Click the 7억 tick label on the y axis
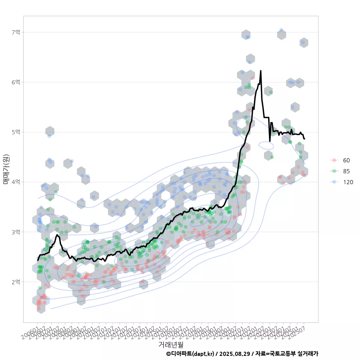[x=15, y=32]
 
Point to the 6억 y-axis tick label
[x=15, y=82]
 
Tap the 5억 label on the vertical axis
[x=15, y=132]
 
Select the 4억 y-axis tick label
[x=15, y=182]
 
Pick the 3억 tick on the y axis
[x=15, y=232]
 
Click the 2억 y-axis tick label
[x=15, y=282]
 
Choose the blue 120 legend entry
[x=348, y=182]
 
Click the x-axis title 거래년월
[x=171, y=344]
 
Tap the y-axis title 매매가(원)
[x=6, y=169]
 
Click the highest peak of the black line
[x=261, y=70]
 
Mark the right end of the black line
[x=304, y=139]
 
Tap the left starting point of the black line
[x=37, y=260]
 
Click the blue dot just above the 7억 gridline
[x=281, y=30]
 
